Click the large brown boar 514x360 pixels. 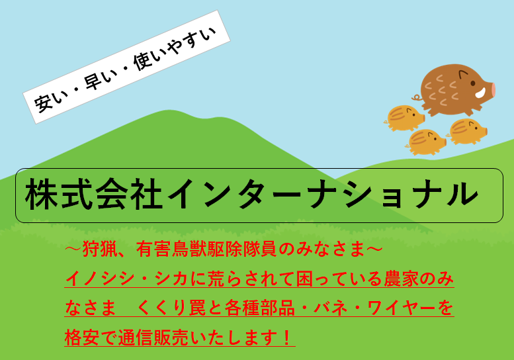pos(456,90)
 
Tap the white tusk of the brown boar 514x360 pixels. pos(480,93)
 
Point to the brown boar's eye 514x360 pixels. pos(473,83)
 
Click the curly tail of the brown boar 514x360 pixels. pos(417,97)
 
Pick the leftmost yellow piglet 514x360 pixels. pos(404,118)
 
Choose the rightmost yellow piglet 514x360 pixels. pos(467,132)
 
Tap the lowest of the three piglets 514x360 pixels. pos(426,142)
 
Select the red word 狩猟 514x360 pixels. pos(100,249)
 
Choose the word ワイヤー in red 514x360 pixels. pos(402,308)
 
